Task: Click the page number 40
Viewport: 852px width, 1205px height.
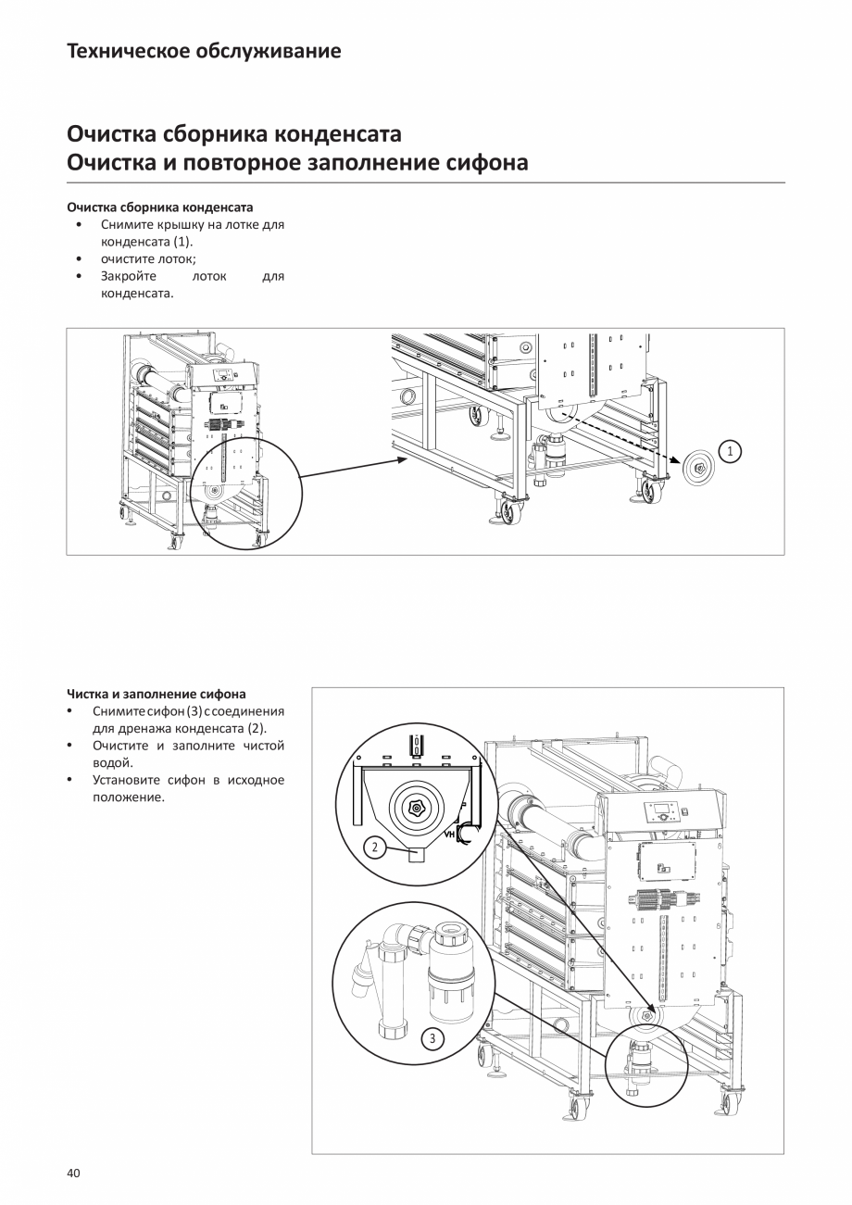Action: [74, 1174]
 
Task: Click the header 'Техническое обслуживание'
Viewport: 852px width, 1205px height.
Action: [204, 51]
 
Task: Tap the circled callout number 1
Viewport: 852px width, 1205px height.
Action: [731, 451]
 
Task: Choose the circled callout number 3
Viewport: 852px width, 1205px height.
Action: [432, 1038]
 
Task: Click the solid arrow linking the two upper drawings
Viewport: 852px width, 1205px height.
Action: [352, 467]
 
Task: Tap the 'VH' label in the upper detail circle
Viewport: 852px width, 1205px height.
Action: [451, 835]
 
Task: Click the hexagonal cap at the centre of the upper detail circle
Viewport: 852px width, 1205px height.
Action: [416, 809]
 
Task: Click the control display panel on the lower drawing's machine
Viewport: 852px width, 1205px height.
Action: [667, 815]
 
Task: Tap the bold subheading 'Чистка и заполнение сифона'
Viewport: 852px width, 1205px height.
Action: [157, 693]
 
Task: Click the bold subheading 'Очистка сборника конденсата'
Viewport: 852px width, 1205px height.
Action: [160, 207]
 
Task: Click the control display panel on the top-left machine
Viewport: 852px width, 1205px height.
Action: [225, 375]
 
